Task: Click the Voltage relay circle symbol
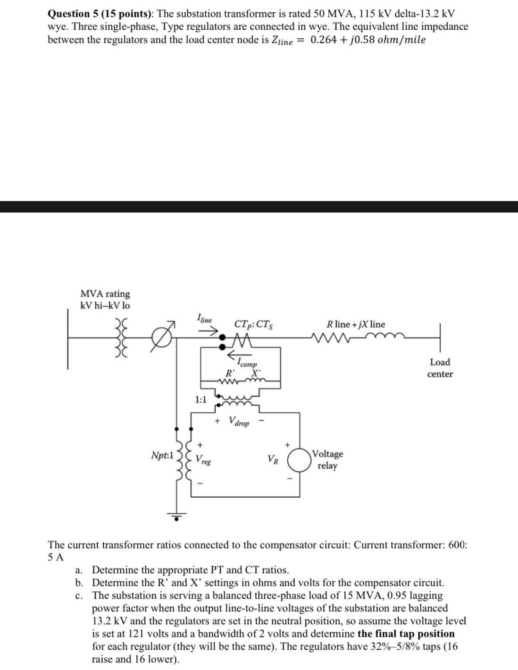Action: pyautogui.click(x=300, y=460)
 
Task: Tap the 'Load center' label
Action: pyautogui.click(x=440, y=368)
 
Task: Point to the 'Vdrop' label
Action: pyautogui.click(x=239, y=421)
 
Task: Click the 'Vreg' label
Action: pyautogui.click(x=203, y=458)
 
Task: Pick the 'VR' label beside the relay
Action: pyautogui.click(x=273, y=458)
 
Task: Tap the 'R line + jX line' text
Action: pyautogui.click(x=356, y=324)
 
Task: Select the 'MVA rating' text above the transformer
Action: pyautogui.click(x=105, y=294)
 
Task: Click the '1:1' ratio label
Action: pyautogui.click(x=201, y=400)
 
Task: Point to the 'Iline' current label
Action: pyautogui.click(x=205, y=319)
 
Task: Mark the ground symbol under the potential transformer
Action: pyautogui.click(x=177, y=516)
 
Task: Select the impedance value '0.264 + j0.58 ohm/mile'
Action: pyautogui.click(x=368, y=40)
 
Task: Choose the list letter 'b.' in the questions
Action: pyautogui.click(x=79, y=583)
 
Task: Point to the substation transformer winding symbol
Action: pyautogui.click(x=121, y=338)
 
